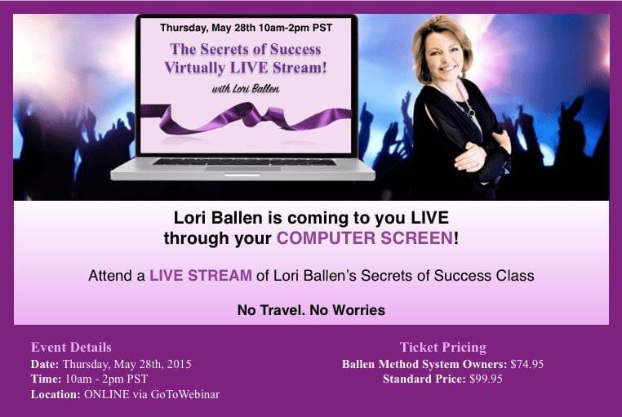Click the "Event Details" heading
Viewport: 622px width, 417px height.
click(x=71, y=348)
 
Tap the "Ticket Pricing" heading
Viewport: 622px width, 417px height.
click(x=442, y=348)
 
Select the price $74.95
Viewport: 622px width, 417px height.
click(x=526, y=364)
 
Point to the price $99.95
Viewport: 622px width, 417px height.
click(x=486, y=379)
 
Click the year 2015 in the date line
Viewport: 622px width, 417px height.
click(x=178, y=364)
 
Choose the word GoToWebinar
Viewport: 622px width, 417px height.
click(x=184, y=394)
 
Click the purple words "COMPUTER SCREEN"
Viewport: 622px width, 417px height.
click(x=365, y=238)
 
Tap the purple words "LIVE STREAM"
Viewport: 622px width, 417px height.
click(x=200, y=275)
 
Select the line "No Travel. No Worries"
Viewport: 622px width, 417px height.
click(x=311, y=310)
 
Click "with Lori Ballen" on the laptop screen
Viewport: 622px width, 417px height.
click(x=246, y=88)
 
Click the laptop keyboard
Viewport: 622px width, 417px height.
click(x=244, y=162)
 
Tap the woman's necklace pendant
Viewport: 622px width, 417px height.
click(x=471, y=113)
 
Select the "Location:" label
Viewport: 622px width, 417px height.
click(x=56, y=394)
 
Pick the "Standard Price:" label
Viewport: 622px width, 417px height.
click(x=424, y=379)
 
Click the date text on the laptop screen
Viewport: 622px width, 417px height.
click(x=246, y=28)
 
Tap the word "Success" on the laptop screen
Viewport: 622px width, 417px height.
click(x=295, y=49)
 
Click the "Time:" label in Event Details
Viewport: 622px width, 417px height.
click(x=46, y=379)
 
